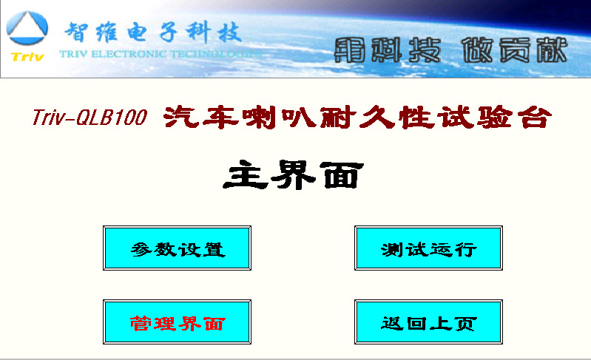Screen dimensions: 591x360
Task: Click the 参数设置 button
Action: [177, 248]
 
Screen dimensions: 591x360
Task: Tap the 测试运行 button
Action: [428, 248]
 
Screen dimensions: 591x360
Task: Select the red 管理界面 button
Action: [177, 322]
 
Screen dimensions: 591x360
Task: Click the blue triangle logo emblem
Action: [27, 28]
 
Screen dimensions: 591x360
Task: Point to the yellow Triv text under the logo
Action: [27, 57]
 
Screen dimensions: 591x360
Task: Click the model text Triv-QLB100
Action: [90, 117]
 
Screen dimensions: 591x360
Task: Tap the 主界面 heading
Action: [293, 174]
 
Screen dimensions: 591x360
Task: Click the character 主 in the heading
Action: [246, 174]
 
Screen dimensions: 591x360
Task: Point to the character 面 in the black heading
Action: [342, 175]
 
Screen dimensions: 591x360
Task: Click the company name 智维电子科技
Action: [153, 32]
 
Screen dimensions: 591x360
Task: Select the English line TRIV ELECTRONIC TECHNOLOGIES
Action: [161, 54]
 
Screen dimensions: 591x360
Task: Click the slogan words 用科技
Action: [388, 50]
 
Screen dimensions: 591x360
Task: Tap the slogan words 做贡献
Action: [515, 50]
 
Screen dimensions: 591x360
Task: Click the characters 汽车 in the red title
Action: [201, 117]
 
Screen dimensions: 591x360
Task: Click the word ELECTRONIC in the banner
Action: [128, 54]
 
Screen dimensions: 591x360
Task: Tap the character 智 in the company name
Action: [76, 32]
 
